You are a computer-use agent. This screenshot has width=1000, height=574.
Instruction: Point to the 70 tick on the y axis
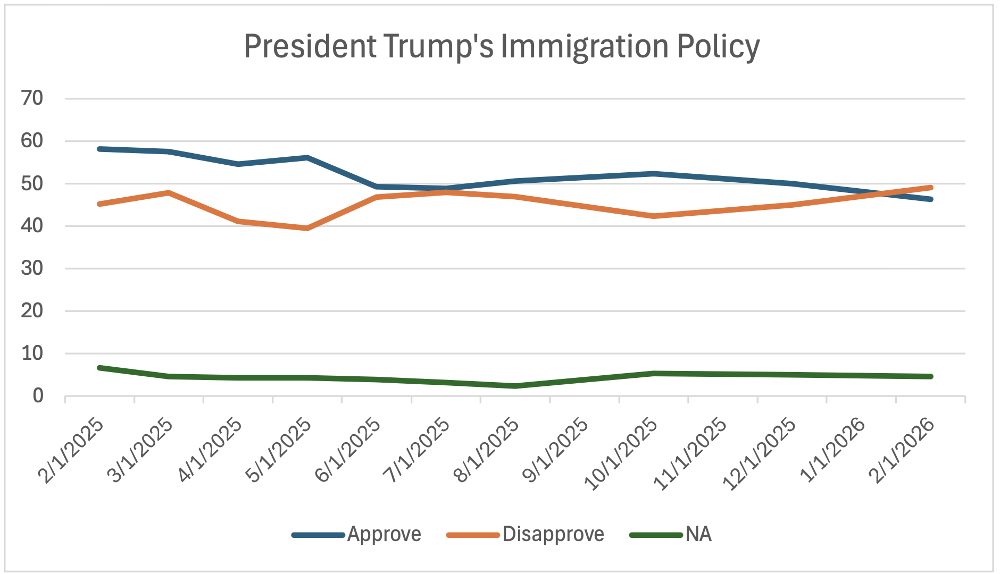click(x=32, y=98)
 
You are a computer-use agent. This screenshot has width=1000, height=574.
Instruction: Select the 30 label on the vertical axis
click(x=32, y=268)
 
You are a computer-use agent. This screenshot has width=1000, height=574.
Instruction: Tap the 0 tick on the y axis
click(x=38, y=396)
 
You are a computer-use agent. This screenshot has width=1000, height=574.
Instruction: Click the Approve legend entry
click(x=384, y=534)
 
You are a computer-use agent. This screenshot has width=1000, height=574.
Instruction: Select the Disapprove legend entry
click(x=553, y=534)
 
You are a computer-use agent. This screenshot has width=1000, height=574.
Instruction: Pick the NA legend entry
click(x=698, y=534)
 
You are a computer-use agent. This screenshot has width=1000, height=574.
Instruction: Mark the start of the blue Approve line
click(x=100, y=149)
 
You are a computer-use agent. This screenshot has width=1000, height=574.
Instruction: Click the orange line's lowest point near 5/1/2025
click(x=307, y=228)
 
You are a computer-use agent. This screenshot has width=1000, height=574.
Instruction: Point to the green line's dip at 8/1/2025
click(x=515, y=386)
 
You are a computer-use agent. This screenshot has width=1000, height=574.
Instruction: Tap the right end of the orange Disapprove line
click(x=930, y=188)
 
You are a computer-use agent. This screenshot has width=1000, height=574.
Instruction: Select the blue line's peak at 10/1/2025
click(x=653, y=174)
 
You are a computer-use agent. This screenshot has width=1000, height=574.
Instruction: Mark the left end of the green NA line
click(x=100, y=368)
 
